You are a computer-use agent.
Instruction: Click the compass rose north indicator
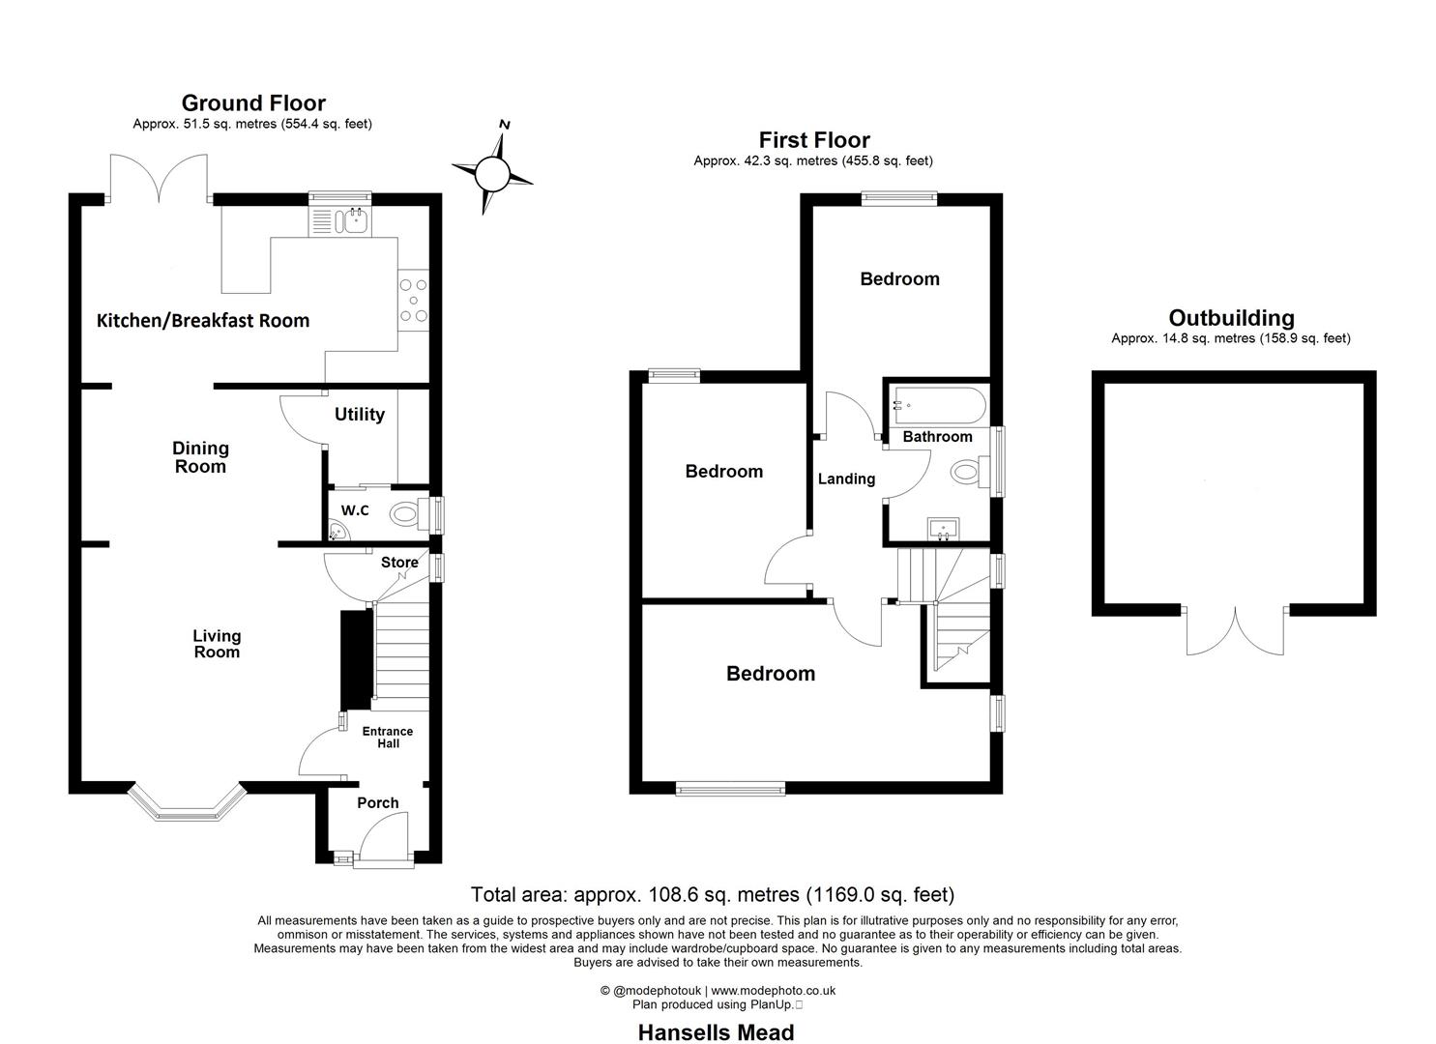click(504, 125)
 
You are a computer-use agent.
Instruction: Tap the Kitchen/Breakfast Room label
click(203, 321)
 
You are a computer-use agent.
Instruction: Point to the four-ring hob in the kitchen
click(413, 301)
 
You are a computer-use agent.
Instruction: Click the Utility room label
click(360, 415)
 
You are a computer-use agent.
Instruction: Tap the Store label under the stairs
click(399, 563)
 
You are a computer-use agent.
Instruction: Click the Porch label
click(377, 803)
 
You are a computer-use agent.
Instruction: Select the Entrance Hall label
click(387, 738)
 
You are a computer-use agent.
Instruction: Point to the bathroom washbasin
click(941, 529)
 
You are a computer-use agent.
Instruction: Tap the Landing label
click(846, 478)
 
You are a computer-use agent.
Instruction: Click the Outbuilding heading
click(1230, 318)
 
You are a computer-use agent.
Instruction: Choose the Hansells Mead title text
click(716, 1032)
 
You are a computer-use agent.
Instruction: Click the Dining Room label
click(200, 457)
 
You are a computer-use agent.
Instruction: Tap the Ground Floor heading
click(253, 103)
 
